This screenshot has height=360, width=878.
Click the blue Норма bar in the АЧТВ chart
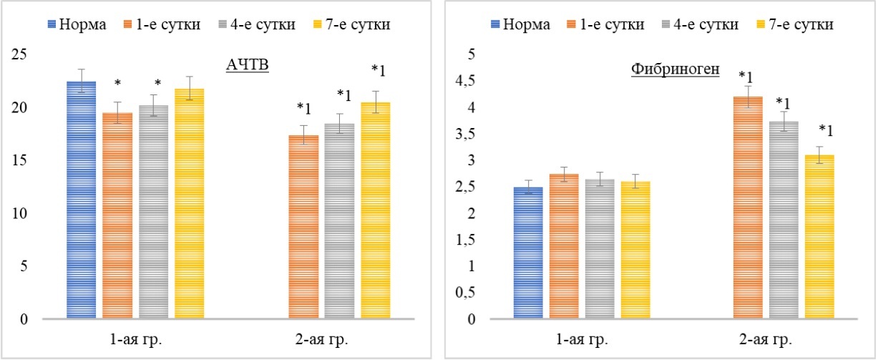tap(81, 200)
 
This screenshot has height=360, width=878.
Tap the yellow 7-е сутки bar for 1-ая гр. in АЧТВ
tap(190, 204)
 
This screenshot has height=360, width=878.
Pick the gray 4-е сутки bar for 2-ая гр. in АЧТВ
tap(339, 221)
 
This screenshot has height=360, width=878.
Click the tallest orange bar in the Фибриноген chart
tap(749, 208)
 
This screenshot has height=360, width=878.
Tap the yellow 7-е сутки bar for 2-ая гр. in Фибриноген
tap(820, 237)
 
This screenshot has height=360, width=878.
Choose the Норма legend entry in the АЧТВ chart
tap(79, 24)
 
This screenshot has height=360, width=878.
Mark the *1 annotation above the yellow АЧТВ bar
tap(378, 70)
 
